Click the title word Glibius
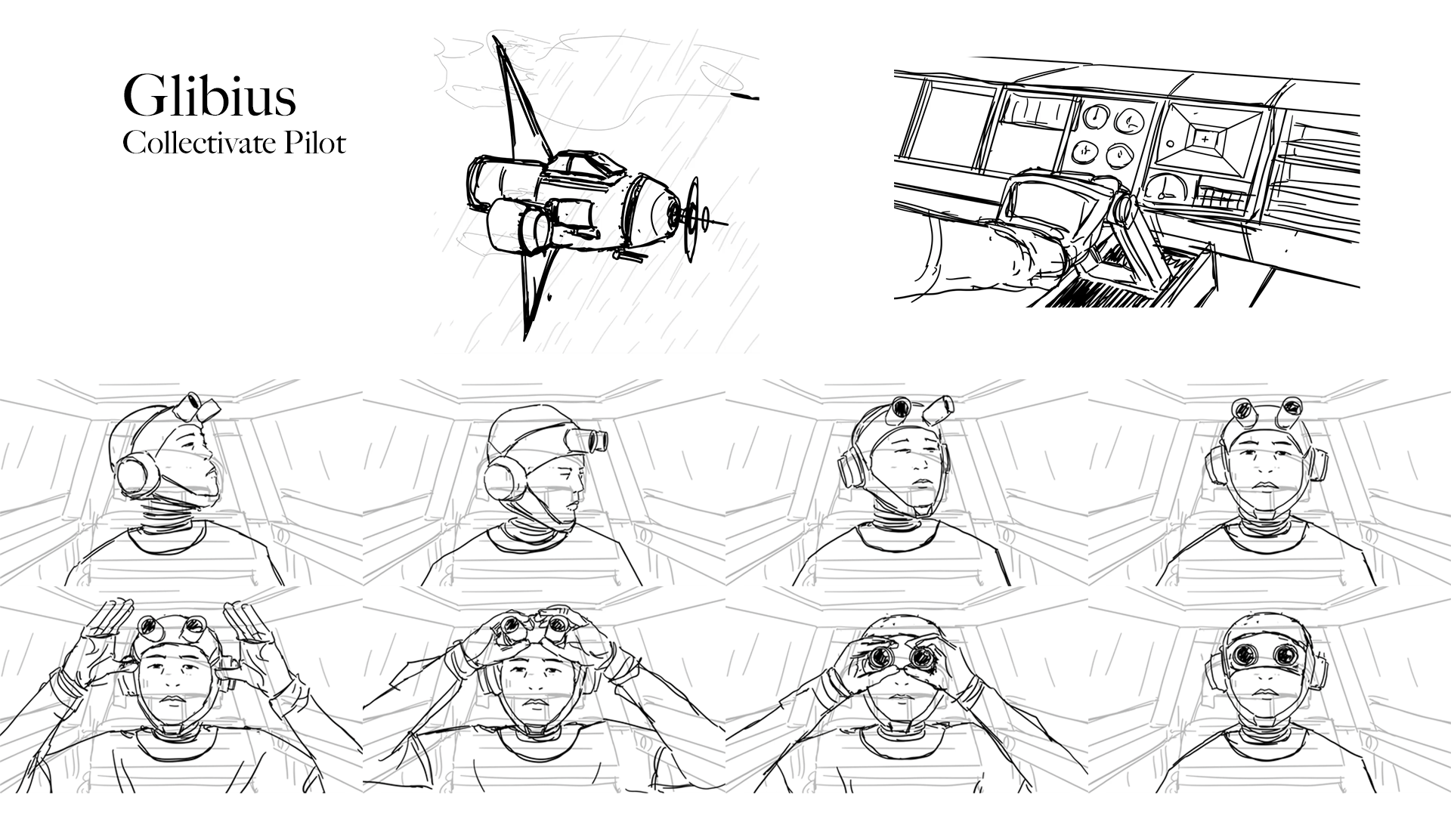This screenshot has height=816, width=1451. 209,96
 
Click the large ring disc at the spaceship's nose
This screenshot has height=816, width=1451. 692,219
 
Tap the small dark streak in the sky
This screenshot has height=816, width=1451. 744,97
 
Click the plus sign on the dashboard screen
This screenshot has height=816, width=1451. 1204,139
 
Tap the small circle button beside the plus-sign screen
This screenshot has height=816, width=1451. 1170,142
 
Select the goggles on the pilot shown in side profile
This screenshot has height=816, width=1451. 587,438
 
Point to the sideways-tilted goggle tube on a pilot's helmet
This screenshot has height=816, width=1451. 939,408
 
